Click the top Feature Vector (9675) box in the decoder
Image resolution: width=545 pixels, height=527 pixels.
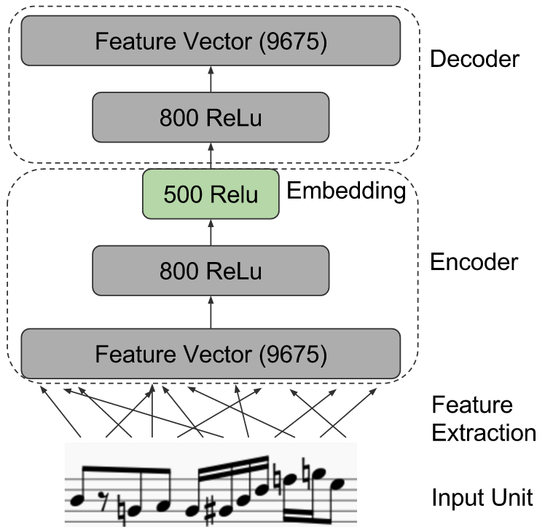pyautogui.click(x=211, y=40)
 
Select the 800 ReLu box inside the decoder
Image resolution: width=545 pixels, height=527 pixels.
pyautogui.click(x=211, y=117)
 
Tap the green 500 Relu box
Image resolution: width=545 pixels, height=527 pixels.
pyautogui.click(x=211, y=194)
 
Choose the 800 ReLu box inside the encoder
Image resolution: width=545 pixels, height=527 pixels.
pyautogui.click(x=211, y=271)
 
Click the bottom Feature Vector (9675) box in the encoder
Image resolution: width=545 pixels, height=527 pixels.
pyautogui.click(x=211, y=354)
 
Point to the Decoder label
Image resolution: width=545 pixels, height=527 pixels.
pyautogui.click(x=474, y=58)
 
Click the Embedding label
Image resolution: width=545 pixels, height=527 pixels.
pyautogui.click(x=346, y=191)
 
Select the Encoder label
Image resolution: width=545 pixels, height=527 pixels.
pyautogui.click(x=474, y=261)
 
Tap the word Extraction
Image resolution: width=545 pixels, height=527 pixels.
pyautogui.click(x=484, y=432)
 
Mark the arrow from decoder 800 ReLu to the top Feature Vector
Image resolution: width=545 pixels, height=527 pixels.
pyautogui.click(x=211, y=79)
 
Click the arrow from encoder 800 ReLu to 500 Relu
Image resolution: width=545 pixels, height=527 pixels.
pyautogui.click(x=211, y=232)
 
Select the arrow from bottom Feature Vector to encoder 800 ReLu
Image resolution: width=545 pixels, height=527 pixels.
pyautogui.click(x=211, y=312)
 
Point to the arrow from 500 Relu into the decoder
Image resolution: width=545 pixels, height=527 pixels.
pyautogui.click(x=211, y=156)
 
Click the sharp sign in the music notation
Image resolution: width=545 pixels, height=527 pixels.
pyautogui.click(x=211, y=511)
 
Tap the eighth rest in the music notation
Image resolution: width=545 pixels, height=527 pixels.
pyautogui.click(x=103, y=501)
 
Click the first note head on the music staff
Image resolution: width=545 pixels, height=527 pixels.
pyautogui.click(x=77, y=500)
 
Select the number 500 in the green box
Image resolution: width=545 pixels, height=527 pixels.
pyautogui.click(x=182, y=194)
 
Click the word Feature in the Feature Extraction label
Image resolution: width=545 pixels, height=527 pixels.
pyautogui.click(x=472, y=405)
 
